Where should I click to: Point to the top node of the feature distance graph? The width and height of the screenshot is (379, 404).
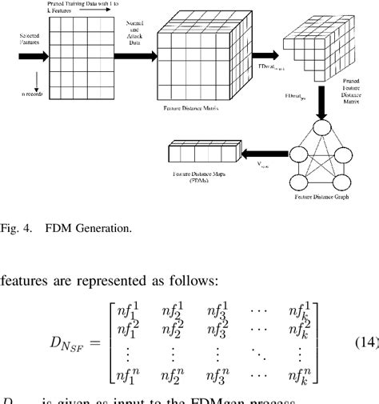pos(323,126)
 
